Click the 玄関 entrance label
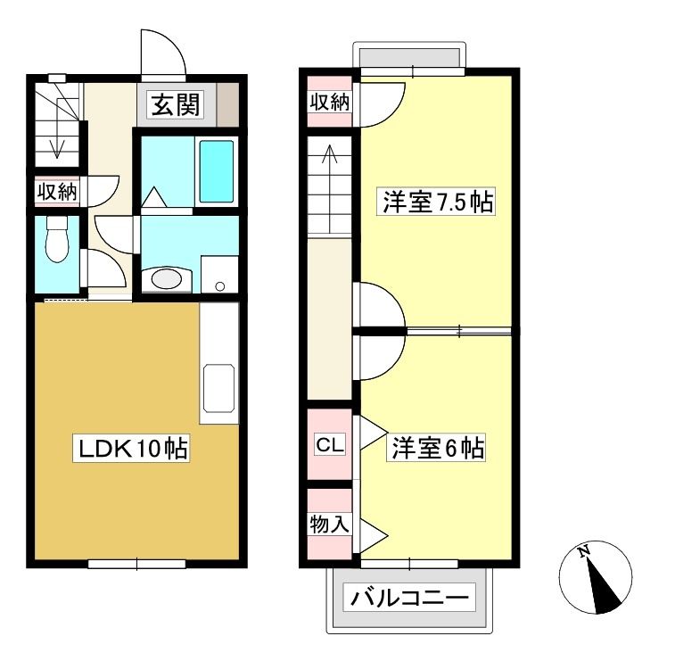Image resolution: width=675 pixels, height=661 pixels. [176, 104]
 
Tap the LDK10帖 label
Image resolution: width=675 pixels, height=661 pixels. [131, 449]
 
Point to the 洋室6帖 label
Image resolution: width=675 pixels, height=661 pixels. [437, 448]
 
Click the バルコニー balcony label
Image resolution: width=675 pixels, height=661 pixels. [409, 598]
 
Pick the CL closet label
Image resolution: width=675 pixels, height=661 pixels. [330, 444]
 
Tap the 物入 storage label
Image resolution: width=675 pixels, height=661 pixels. [330, 524]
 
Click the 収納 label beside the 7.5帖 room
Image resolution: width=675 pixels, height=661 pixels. [330, 102]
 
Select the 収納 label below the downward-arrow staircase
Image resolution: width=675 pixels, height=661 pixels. [57, 191]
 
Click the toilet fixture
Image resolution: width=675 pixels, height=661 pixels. [57, 239]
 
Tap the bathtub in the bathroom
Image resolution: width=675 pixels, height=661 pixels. [217, 171]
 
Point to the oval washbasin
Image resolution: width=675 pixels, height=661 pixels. [167, 278]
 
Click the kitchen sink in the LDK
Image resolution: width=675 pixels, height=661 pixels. [219, 388]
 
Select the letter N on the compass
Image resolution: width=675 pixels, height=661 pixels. [583, 550]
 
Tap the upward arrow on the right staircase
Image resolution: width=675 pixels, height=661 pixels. [330, 188]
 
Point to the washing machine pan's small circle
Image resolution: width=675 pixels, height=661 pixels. [220, 286]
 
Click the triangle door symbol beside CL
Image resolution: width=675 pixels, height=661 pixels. [372, 433]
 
